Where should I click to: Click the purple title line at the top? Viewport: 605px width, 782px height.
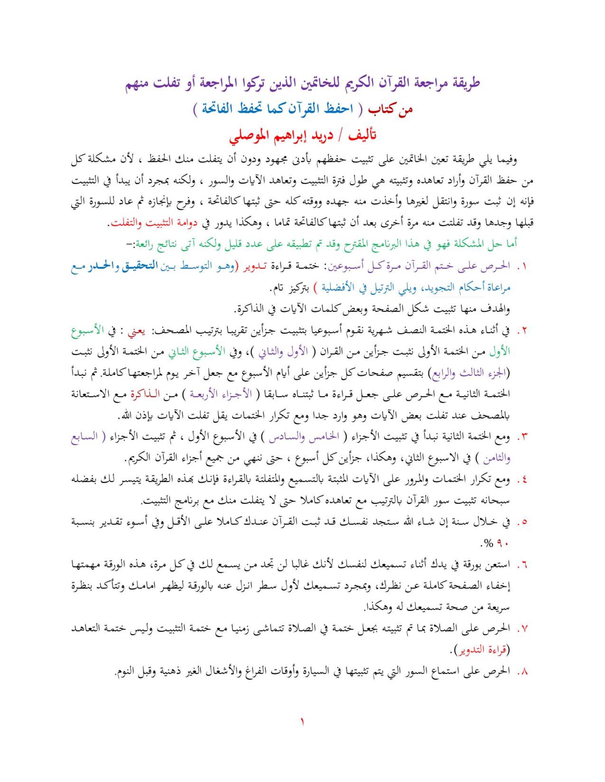point(302,84)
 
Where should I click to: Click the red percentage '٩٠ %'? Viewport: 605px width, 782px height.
point(494,544)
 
